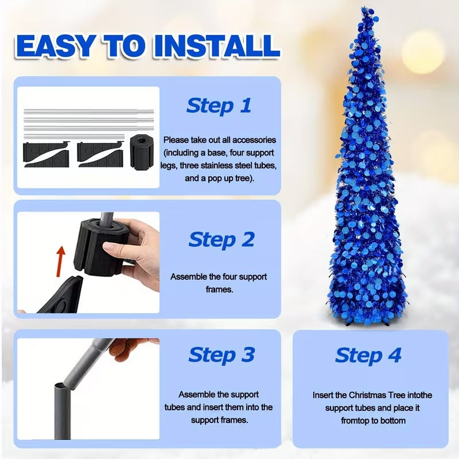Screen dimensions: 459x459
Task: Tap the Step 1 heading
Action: pyautogui.click(x=219, y=106)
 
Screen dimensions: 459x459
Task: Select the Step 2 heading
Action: pyautogui.click(x=221, y=240)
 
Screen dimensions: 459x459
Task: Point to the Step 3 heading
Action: pyautogui.click(x=221, y=355)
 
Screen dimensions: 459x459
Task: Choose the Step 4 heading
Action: pyautogui.click(x=368, y=355)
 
